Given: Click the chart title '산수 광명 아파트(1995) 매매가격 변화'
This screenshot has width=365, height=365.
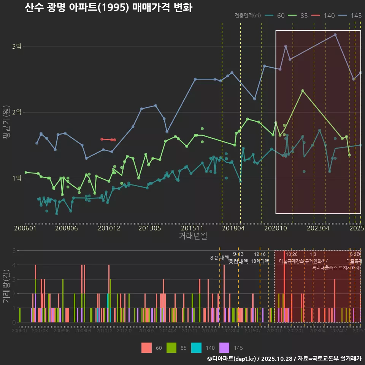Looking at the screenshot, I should tap(108, 8).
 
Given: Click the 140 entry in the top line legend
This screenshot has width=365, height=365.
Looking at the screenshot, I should tap(329, 16).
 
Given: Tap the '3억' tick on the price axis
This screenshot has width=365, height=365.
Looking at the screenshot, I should tap(17, 46).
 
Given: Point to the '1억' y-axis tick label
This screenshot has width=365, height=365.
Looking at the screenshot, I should tap(17, 178).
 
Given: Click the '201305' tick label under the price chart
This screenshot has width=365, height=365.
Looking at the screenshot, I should tap(149, 228).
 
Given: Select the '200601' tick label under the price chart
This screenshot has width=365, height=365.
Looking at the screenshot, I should tap(25, 228).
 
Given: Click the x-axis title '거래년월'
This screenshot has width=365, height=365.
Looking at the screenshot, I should tap(193, 236).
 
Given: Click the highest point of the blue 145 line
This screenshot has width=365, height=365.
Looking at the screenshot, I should tap(335, 35).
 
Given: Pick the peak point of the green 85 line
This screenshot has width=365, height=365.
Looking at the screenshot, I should tap(303, 91).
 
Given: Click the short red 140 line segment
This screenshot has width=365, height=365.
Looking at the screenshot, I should tap(108, 140).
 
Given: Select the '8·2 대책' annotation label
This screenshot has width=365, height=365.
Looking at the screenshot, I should tap(219, 258).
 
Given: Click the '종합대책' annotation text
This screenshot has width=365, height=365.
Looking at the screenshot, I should tap(238, 262).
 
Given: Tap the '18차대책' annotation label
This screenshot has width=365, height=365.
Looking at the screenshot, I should tap(260, 261).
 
